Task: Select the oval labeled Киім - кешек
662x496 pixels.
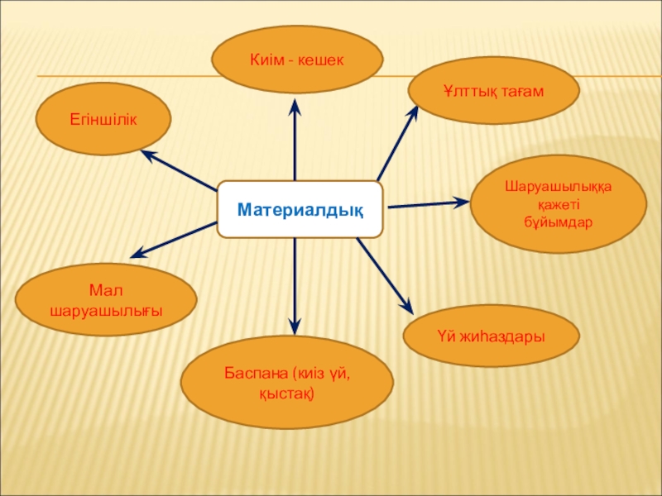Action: tap(297, 60)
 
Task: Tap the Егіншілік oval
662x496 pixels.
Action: tap(103, 119)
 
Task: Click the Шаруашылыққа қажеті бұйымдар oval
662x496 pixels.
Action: tap(558, 204)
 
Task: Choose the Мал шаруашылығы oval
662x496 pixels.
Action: tap(106, 300)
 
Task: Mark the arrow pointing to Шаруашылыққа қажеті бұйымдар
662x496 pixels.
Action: tap(426, 203)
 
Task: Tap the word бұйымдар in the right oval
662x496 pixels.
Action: tap(559, 222)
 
